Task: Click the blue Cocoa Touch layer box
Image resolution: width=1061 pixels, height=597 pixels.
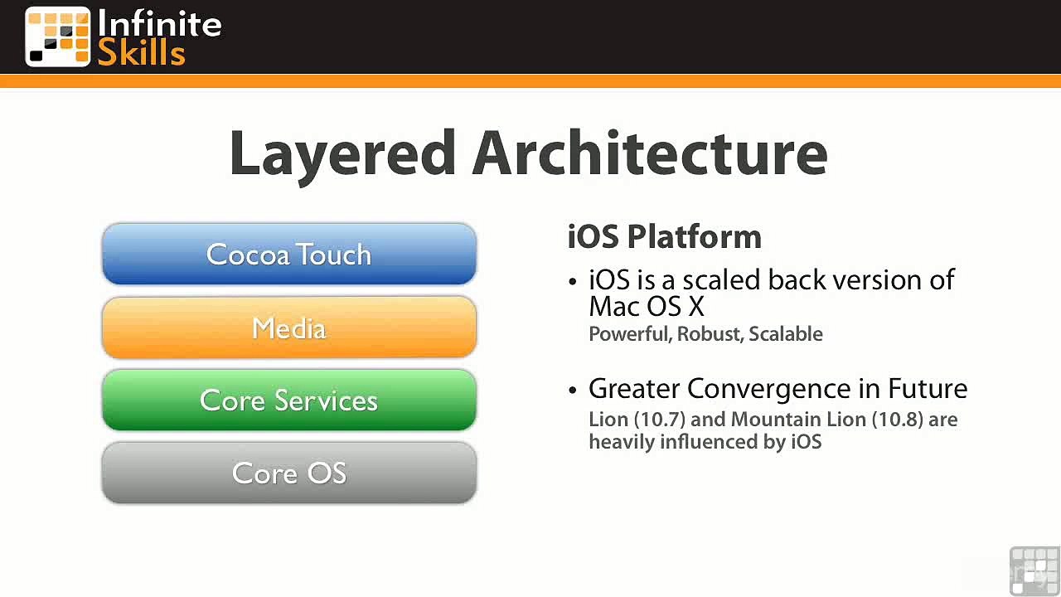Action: coord(289,254)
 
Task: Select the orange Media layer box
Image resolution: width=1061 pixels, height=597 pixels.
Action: coord(289,327)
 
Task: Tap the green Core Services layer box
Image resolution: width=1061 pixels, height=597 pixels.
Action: coord(289,400)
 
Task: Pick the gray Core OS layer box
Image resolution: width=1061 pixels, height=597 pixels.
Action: coord(289,473)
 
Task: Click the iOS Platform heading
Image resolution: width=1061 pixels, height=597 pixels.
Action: coord(664,236)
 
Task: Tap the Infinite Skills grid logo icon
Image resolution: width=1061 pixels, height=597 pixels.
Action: coord(58,36)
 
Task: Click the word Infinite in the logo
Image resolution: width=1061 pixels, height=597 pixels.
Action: coord(160,23)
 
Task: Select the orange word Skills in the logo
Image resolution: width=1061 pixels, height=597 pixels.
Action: coord(141,51)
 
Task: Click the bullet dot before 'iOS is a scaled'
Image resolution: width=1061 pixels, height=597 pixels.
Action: coord(573,281)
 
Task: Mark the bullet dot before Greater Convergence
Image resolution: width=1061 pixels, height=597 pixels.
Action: coord(573,391)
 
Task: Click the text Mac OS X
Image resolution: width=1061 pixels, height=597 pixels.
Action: coord(647,307)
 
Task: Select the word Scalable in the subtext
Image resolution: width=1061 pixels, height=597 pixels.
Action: coord(786,333)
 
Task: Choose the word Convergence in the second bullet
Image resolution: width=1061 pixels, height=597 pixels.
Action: coord(769,389)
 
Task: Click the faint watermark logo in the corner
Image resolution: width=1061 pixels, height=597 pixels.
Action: coord(1034,571)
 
